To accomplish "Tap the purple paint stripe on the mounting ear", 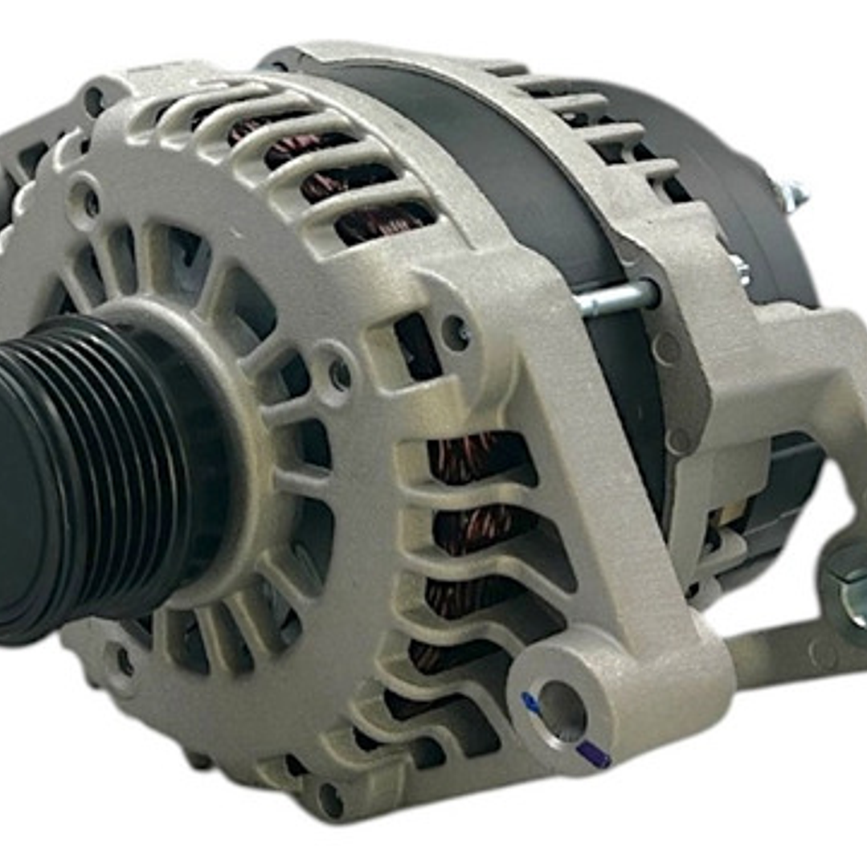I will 593,753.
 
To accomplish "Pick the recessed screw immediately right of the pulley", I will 339,374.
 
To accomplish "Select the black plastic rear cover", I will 723,161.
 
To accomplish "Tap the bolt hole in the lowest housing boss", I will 330,798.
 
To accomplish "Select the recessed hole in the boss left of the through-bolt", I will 456,332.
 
